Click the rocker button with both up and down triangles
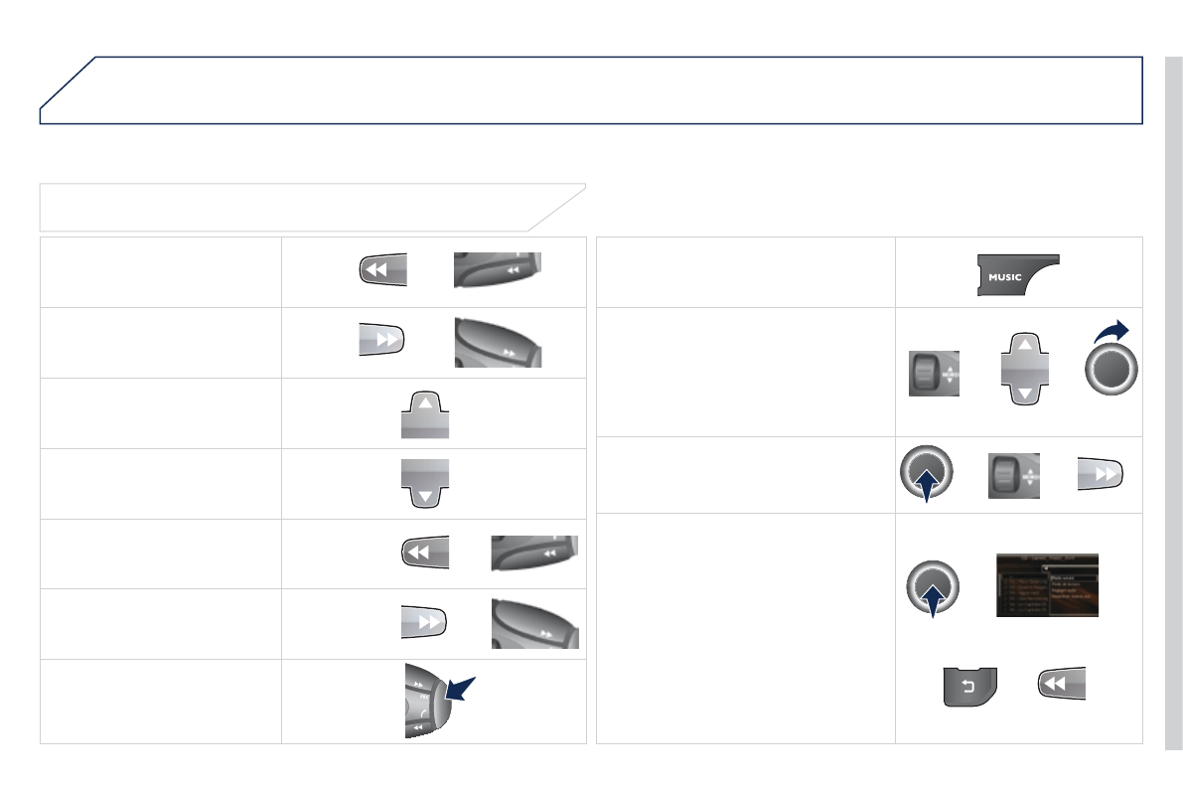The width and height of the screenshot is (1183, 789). tap(1023, 369)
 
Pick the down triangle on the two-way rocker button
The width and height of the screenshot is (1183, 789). tap(1023, 394)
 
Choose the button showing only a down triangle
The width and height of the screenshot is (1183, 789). tap(424, 483)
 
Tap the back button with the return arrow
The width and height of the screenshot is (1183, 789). tap(969, 687)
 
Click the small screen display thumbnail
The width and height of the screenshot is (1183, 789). tap(1047, 584)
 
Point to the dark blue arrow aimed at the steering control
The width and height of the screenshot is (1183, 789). tap(460, 689)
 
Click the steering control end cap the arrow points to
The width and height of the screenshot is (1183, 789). tap(438, 701)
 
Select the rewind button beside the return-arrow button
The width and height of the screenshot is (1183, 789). tap(1061, 683)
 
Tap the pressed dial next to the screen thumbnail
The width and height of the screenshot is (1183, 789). tap(934, 587)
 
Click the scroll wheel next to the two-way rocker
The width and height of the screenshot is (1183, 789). tap(934, 373)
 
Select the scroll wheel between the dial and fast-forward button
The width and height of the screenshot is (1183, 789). tap(1013, 474)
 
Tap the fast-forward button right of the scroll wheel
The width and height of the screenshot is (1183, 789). tap(1101, 474)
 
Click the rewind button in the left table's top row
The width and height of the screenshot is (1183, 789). tap(382, 270)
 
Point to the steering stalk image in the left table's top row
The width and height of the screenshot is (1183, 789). tap(497, 270)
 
